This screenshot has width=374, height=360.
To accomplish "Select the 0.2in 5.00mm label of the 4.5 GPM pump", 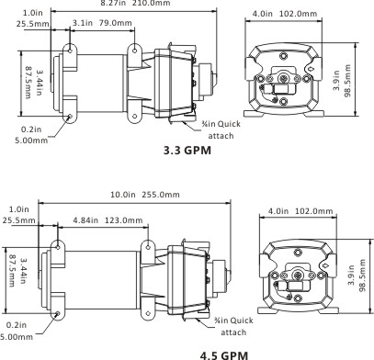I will (x=19, y=331).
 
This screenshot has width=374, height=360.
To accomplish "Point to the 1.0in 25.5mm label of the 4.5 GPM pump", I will (x=18, y=215).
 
